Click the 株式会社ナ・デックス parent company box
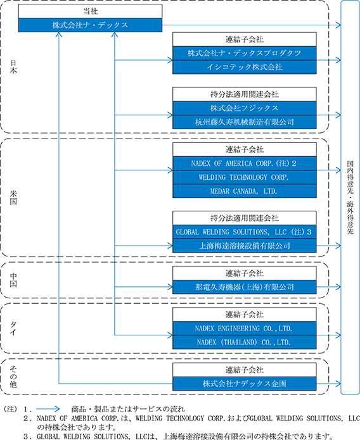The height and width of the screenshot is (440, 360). (x=90, y=25)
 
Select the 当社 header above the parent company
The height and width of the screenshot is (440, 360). (x=90, y=11)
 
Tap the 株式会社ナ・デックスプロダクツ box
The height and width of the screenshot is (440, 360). (x=245, y=53)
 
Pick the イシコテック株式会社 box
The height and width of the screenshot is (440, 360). (x=245, y=66)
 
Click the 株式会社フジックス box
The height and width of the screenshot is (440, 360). (x=245, y=108)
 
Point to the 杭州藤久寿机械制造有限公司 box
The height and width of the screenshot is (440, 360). (x=245, y=122)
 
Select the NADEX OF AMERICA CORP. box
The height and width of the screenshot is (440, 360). (x=245, y=163)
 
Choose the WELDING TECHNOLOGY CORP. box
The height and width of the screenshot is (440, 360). (x=245, y=177)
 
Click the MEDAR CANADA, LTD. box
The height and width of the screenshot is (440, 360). (x=245, y=191)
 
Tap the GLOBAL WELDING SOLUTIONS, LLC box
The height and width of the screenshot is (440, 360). (x=245, y=232)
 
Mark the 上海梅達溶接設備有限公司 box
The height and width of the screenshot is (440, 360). (x=245, y=246)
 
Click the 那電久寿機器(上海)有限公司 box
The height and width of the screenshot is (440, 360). (x=245, y=287)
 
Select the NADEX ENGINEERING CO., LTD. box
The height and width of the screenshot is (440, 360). (x=245, y=329)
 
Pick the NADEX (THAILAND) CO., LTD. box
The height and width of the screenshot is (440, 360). (x=245, y=342)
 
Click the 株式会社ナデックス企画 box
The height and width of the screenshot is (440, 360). (x=245, y=384)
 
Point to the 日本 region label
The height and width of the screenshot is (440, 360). (x=13, y=66)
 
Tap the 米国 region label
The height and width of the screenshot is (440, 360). (x=13, y=198)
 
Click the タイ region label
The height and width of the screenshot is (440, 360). (x=13, y=328)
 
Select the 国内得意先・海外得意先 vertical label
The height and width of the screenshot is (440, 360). (x=350, y=198)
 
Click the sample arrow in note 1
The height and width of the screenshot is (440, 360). (x=48, y=409)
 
